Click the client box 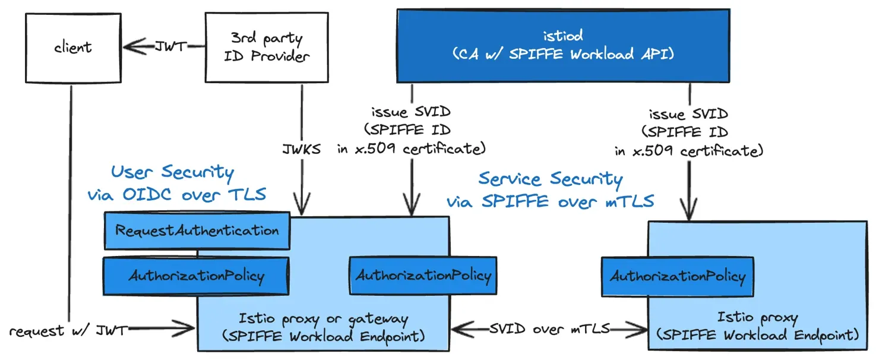point(73,47)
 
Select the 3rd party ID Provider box point(266,48)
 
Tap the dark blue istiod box point(563,45)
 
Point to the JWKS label point(301,149)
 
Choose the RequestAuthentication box point(197,230)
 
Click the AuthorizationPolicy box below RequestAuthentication point(196,276)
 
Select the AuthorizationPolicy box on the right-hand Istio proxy point(677,276)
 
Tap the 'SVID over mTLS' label point(549,329)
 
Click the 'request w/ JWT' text point(68,331)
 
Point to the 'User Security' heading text point(172,173)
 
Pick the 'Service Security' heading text point(550,179)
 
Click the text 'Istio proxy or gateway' point(323,319)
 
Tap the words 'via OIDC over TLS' point(176,194)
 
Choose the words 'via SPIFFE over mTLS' point(550,201)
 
